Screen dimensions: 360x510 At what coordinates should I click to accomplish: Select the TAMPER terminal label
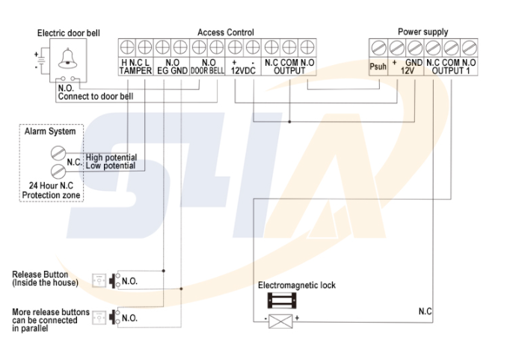135,71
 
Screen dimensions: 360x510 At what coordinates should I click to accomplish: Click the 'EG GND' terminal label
172,71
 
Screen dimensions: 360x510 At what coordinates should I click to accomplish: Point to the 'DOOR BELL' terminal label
207,71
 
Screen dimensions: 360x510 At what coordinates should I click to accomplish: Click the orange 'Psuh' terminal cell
378,67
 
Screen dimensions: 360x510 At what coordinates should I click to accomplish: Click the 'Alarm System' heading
51,132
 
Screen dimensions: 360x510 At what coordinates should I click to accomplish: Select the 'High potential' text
111,158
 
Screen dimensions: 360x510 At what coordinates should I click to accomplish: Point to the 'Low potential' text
110,165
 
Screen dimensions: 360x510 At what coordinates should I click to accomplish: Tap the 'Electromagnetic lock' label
297,285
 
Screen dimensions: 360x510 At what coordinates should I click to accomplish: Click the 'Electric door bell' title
68,34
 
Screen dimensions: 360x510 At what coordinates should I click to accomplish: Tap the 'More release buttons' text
50,311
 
